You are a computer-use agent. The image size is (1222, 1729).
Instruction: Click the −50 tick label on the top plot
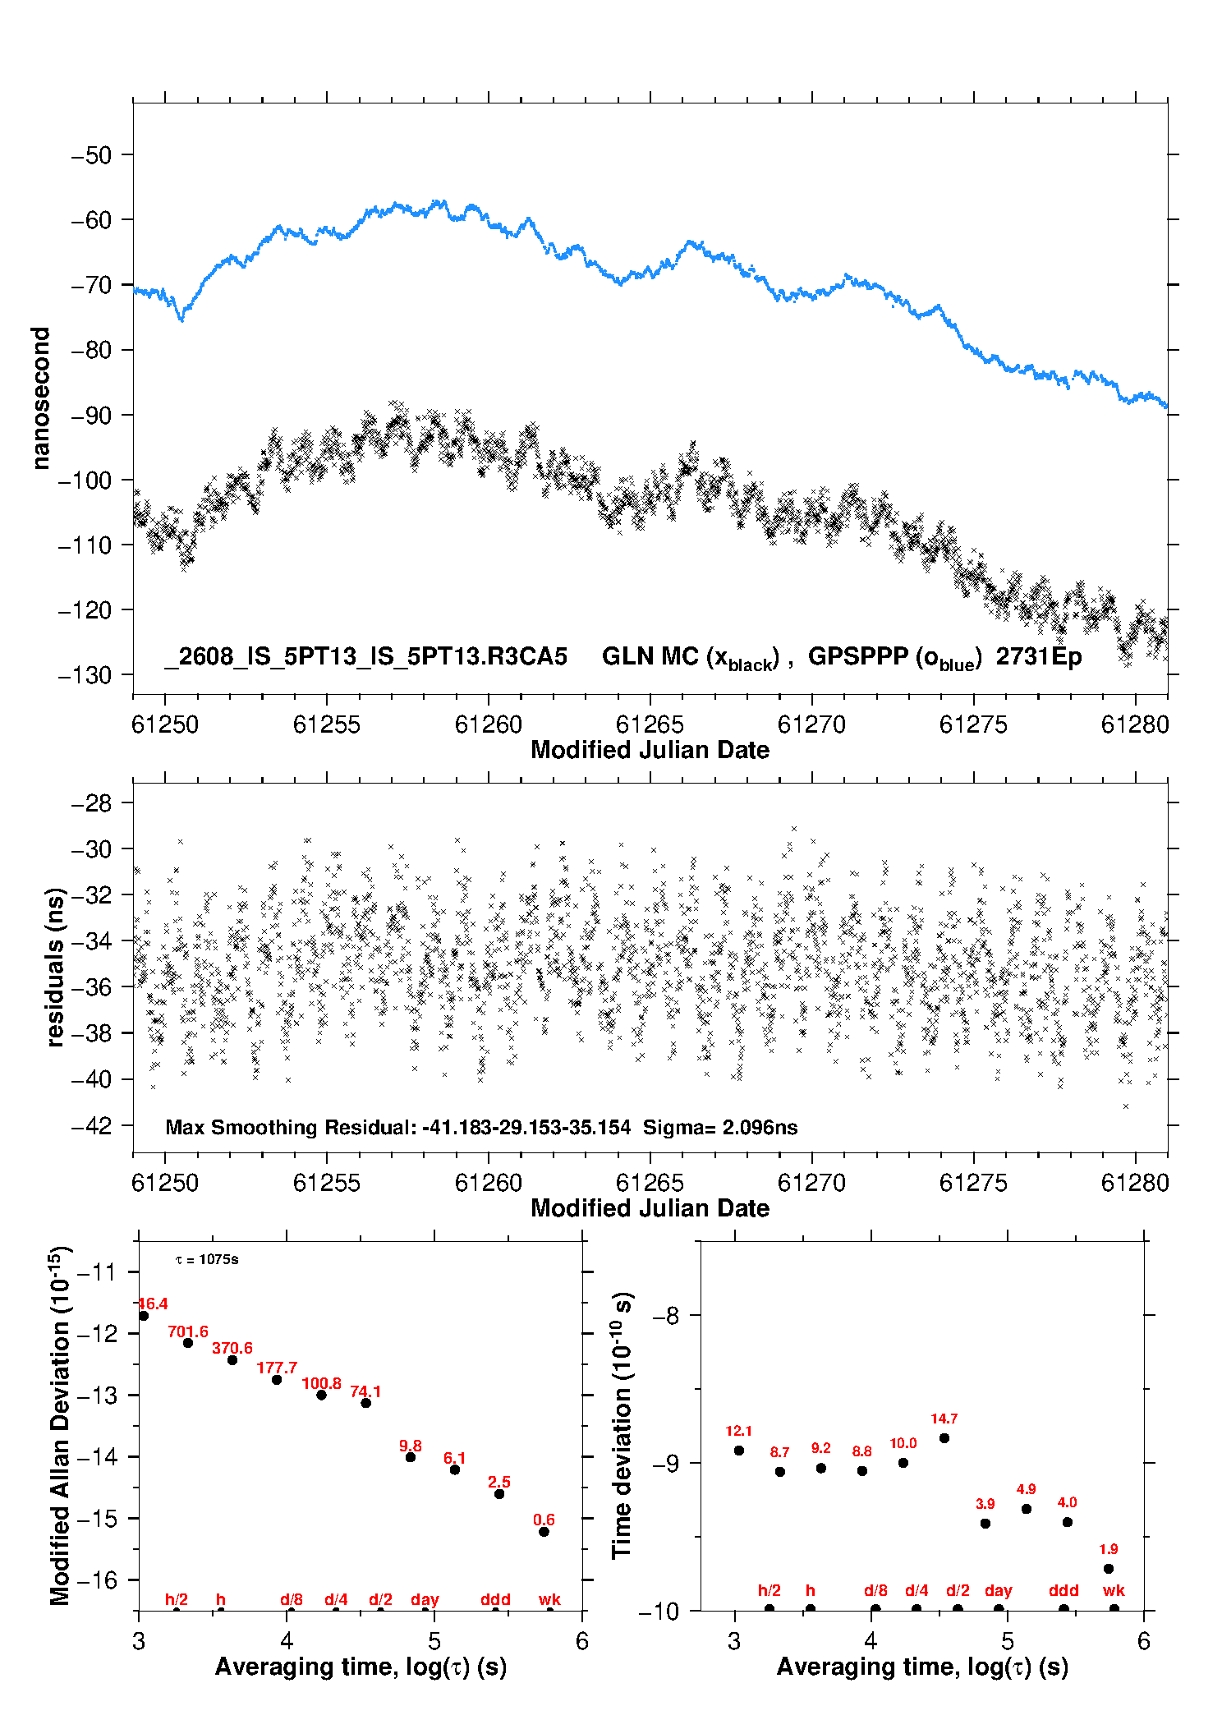[x=91, y=155]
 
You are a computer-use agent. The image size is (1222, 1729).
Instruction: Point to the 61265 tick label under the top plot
[x=650, y=724]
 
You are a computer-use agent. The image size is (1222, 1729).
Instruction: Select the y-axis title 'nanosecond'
[x=40, y=398]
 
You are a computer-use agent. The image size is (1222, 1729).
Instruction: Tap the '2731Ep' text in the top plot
[x=1039, y=656]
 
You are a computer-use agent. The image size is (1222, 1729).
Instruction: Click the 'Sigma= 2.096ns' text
[x=720, y=1128]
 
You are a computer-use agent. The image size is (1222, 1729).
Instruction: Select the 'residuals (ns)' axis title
[x=55, y=967]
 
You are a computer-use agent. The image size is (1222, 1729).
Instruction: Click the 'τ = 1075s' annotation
[x=207, y=1260]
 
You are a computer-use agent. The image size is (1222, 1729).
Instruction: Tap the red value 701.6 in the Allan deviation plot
[x=188, y=1331]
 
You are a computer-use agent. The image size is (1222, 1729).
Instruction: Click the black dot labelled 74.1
[x=366, y=1403]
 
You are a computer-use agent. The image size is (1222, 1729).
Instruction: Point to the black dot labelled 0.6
[x=544, y=1532]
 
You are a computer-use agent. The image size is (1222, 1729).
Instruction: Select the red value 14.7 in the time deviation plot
[x=944, y=1419]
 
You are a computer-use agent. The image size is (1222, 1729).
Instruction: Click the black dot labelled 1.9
[x=1109, y=1569]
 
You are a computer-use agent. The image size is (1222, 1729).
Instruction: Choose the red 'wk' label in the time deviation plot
[x=1114, y=1591]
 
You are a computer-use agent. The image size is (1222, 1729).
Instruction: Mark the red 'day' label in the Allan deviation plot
[x=425, y=1600]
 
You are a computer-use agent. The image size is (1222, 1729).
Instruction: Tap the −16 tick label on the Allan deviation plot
[x=97, y=1580]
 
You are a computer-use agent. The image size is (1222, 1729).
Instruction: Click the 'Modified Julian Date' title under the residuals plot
[x=650, y=1208]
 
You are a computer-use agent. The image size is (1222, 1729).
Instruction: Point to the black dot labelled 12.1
[x=739, y=1451]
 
